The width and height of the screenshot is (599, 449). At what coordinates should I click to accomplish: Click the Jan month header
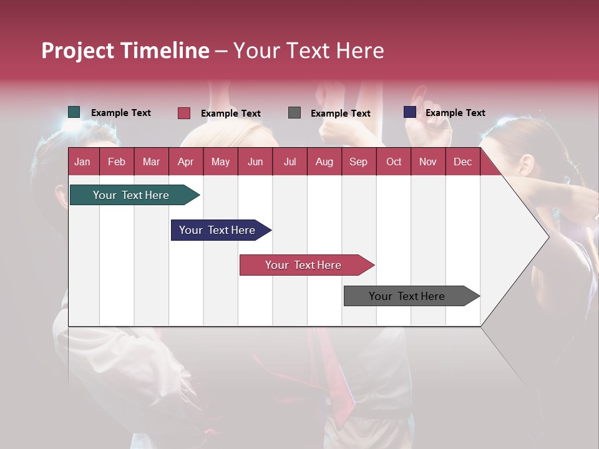click(x=82, y=162)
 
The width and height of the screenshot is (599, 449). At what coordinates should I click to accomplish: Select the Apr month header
click(x=185, y=162)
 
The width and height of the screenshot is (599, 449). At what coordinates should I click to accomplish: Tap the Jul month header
click(x=290, y=162)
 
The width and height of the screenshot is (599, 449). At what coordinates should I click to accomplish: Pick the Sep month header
click(x=358, y=162)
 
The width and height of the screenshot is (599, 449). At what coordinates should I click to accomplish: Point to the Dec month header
click(x=462, y=162)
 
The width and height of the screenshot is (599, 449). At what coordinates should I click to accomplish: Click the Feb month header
click(x=117, y=162)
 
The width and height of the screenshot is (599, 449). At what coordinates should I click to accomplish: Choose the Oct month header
click(x=394, y=162)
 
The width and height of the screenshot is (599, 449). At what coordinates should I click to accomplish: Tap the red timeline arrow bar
click(x=304, y=265)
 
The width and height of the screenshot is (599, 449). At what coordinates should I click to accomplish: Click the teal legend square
click(x=74, y=112)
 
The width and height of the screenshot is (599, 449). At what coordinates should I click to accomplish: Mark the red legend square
click(x=184, y=113)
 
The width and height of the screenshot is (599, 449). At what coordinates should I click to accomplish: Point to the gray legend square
click(x=295, y=113)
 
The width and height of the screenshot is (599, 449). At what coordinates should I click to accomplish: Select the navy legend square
click(x=410, y=112)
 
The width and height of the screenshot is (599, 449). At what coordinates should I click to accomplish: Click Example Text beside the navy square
click(x=455, y=113)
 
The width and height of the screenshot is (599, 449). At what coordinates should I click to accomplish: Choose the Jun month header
click(x=255, y=162)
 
